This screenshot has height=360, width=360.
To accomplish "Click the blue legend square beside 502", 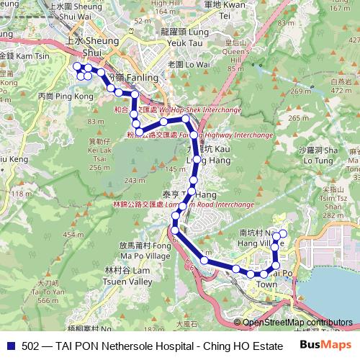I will click(x=9, y=345).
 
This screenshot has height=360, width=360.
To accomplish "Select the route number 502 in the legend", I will click(x=31, y=345).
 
